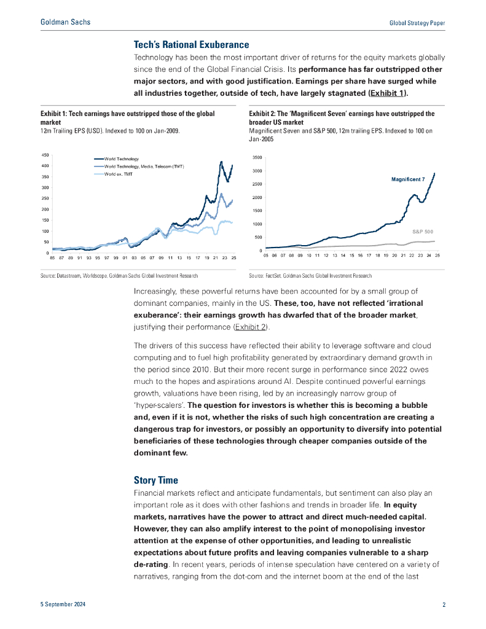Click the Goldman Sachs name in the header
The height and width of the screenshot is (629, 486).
point(65,22)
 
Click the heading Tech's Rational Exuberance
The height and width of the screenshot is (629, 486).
point(191,45)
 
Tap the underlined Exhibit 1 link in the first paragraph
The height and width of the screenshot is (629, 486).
point(386,93)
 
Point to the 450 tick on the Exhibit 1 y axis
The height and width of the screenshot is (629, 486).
point(45,155)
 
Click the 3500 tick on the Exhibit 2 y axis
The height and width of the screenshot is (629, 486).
point(257,157)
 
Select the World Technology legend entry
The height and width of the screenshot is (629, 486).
point(122,159)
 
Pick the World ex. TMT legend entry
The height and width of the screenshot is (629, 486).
point(118,174)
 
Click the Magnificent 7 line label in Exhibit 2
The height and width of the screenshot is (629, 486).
point(408,179)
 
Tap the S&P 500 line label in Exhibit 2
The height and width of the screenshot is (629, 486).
point(423,232)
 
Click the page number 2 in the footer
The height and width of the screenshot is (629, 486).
point(444,605)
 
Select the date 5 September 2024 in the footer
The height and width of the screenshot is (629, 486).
point(63,605)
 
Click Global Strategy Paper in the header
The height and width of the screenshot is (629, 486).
point(417,23)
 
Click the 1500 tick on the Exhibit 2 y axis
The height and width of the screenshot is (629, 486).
point(257,211)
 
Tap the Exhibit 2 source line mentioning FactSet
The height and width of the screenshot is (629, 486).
point(310,276)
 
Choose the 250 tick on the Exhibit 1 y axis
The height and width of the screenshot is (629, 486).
point(45,198)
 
